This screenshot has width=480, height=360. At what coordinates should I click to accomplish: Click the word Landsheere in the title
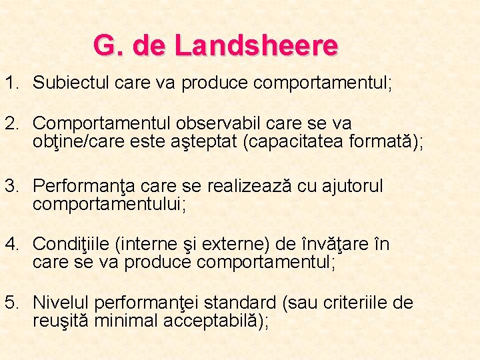click(x=256, y=46)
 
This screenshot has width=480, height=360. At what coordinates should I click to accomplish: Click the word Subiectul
click(x=71, y=83)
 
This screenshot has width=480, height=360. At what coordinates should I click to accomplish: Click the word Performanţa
click(x=85, y=186)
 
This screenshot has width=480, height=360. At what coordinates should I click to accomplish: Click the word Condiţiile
click(x=71, y=245)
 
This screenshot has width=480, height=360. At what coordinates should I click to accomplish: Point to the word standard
click(x=244, y=304)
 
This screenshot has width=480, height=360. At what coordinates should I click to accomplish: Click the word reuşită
click(x=61, y=321)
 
